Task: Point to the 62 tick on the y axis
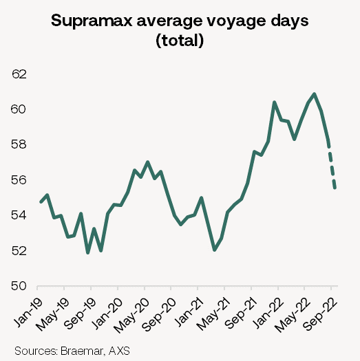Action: pyautogui.click(x=21, y=74)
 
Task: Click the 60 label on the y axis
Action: pyautogui.click(x=21, y=109)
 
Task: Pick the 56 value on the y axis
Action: pyautogui.click(x=21, y=180)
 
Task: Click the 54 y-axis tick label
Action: pyautogui.click(x=21, y=215)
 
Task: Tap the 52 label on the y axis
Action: pyautogui.click(x=21, y=251)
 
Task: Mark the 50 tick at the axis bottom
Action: pyautogui.click(x=21, y=286)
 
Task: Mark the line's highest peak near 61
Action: pyautogui.click(x=315, y=94)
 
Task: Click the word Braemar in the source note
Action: pyautogui.click(x=83, y=351)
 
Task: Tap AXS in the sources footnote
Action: pyautogui.click(x=119, y=351)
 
